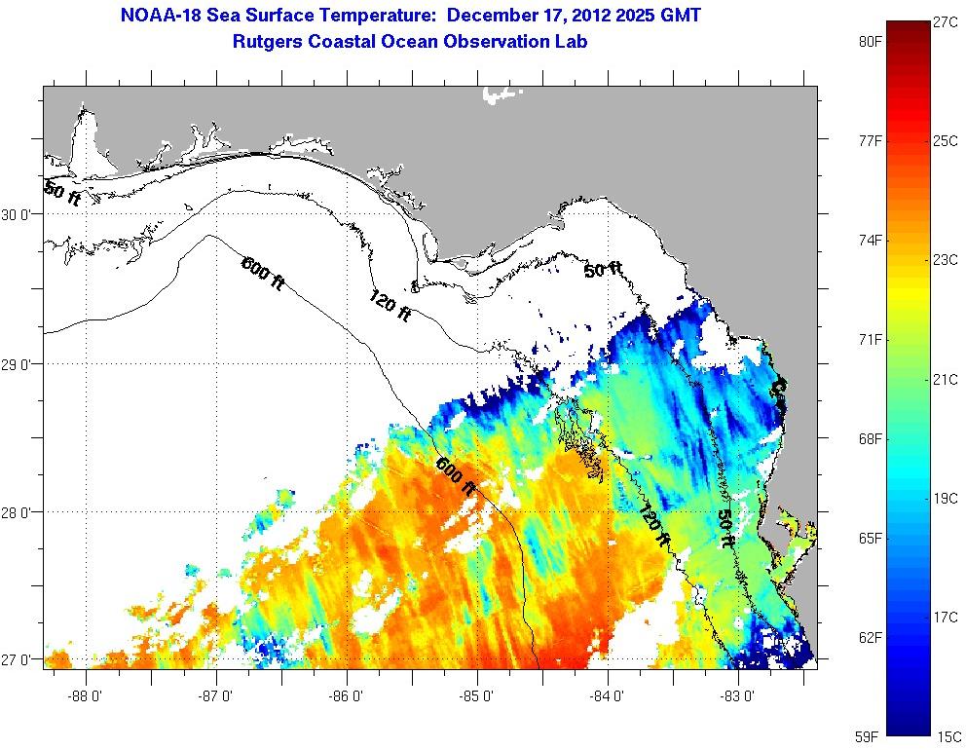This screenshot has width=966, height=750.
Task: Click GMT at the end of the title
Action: [x=679, y=17]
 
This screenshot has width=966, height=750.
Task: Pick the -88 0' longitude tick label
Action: [x=88, y=696]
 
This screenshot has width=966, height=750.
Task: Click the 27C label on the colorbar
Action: [x=946, y=21]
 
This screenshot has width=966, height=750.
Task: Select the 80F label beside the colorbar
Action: [x=870, y=42]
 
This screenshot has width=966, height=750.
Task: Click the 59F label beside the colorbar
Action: [x=870, y=736]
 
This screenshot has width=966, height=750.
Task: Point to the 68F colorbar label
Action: [x=870, y=438]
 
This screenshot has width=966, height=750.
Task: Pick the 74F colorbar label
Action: [x=870, y=241]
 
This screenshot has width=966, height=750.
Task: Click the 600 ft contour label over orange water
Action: [x=456, y=476]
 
